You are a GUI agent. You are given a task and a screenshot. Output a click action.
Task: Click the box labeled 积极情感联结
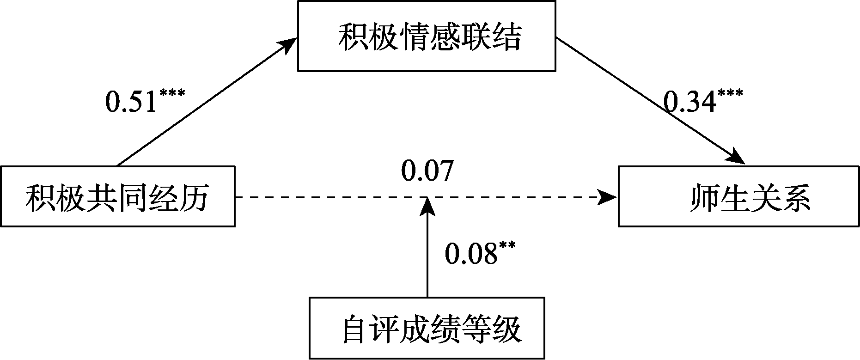point(427,36)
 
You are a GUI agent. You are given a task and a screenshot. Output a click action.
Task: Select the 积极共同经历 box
point(117,196)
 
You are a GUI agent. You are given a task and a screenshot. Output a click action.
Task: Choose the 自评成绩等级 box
point(427,328)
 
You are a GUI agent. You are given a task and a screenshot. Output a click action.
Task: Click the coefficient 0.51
point(132,102)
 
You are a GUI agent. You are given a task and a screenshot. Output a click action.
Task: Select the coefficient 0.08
point(470,253)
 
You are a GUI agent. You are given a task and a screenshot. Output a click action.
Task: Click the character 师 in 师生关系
point(704,199)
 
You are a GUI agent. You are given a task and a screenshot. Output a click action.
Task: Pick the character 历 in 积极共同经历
point(194,199)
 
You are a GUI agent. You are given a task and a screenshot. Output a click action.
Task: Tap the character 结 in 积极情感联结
point(507,37)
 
